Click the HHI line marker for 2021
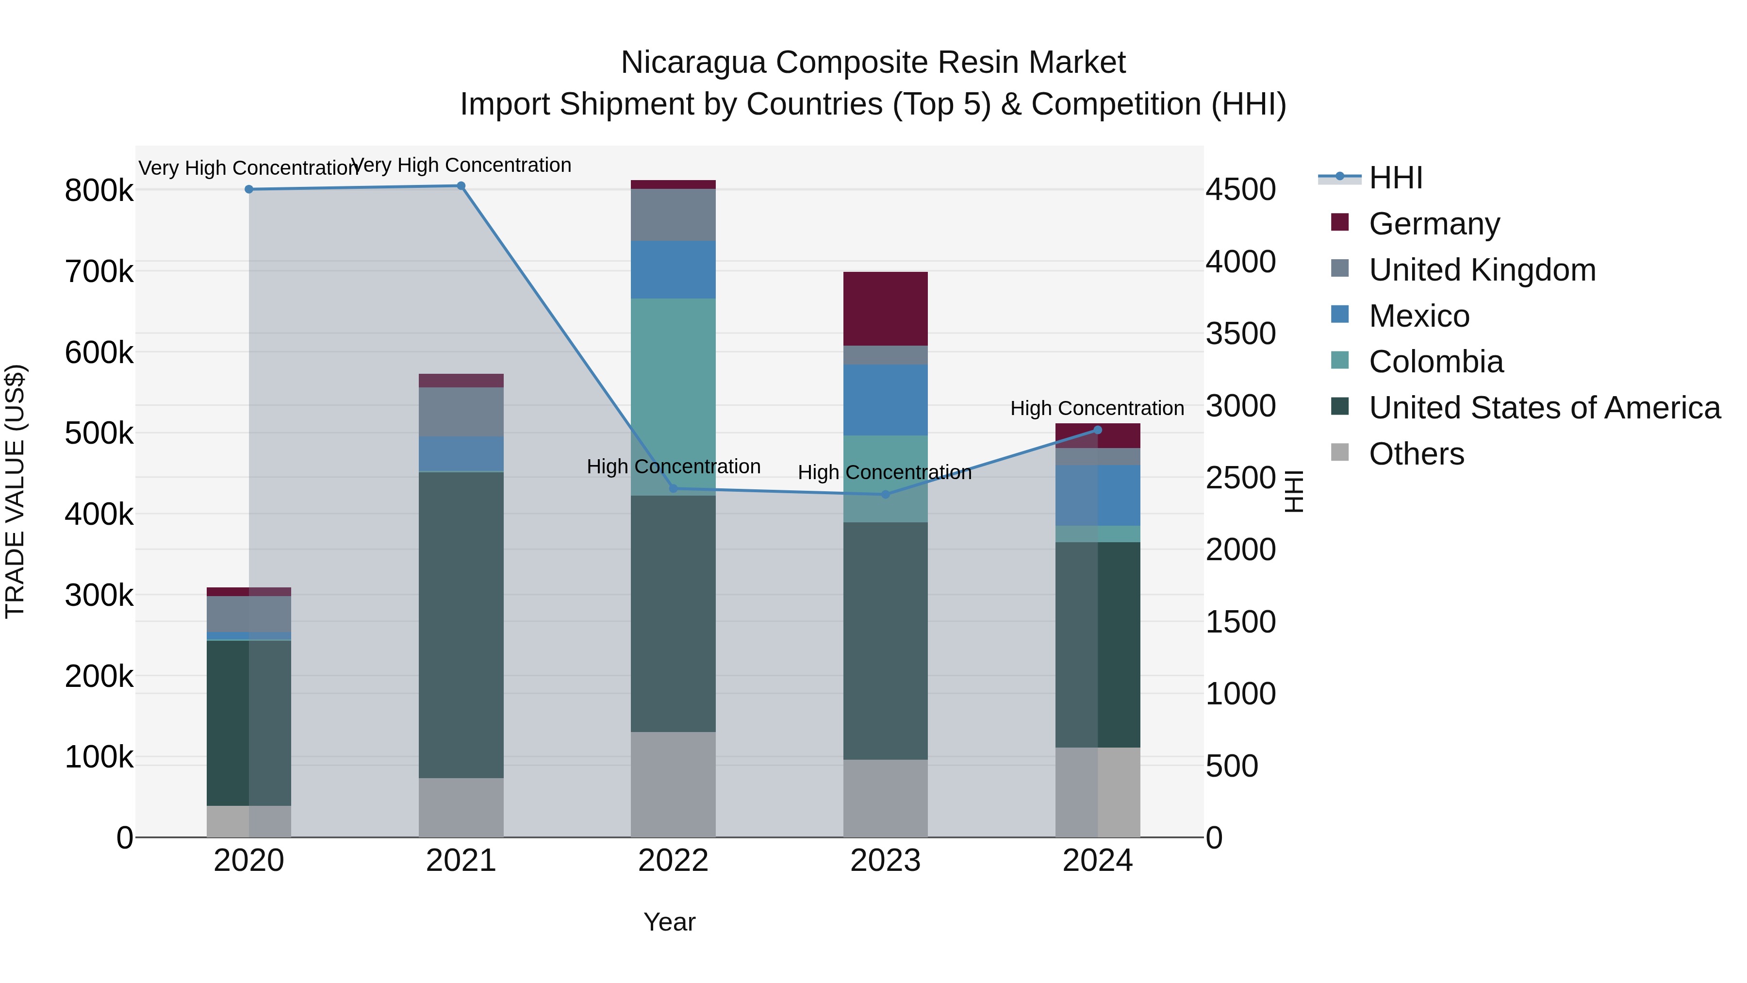pyautogui.click(x=461, y=186)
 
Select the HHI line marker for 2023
pyautogui.click(x=885, y=495)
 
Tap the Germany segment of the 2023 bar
pyautogui.click(x=885, y=309)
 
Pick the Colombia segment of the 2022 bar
pyautogui.click(x=673, y=397)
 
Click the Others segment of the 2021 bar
pyautogui.click(x=461, y=807)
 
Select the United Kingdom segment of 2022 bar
pyautogui.click(x=673, y=215)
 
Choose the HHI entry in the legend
pyautogui.click(x=1395, y=178)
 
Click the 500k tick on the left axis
pyautogui.click(x=99, y=433)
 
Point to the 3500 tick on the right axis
pyautogui.click(x=1240, y=334)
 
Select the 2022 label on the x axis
pyautogui.click(x=673, y=861)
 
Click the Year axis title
pyautogui.click(x=669, y=922)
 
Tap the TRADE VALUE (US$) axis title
pyautogui.click(x=15, y=491)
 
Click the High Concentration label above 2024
pyautogui.click(x=1097, y=408)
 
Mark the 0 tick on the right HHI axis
pyautogui.click(x=1214, y=838)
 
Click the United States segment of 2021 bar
pyautogui.click(x=461, y=624)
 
